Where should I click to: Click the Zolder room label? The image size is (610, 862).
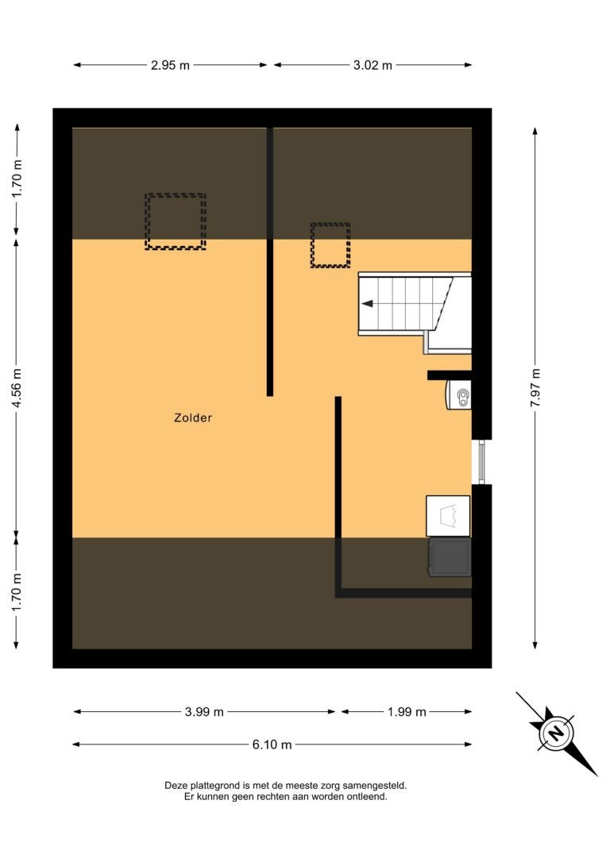coord(192,418)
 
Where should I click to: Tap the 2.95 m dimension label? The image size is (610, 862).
coord(170,65)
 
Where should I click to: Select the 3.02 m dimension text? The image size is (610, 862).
coord(373,65)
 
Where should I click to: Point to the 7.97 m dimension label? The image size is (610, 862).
coord(535,387)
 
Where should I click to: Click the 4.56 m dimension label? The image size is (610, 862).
coord(17,387)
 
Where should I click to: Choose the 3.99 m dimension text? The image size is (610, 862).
coord(204,712)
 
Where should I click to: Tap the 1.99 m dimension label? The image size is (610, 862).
coord(407,712)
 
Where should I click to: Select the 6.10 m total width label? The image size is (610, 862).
coord(272,745)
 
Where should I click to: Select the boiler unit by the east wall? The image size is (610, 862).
coord(458,395)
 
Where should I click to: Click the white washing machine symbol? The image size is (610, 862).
coord(448,516)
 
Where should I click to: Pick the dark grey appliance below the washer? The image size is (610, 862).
coord(450,557)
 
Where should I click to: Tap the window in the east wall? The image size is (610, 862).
coord(482,462)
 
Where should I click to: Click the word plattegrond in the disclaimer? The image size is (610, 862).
coord(211,786)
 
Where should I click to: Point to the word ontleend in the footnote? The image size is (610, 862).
coord(367,797)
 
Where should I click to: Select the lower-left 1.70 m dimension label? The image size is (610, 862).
coord(17,593)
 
